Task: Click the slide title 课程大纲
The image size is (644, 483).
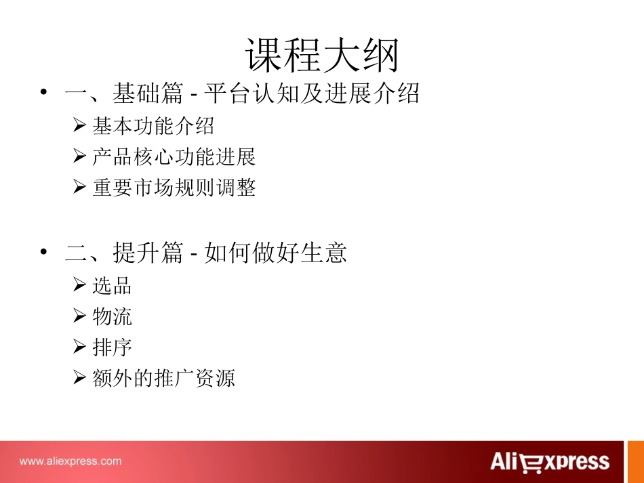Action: (322, 56)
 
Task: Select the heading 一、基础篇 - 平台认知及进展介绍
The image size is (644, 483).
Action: (242, 94)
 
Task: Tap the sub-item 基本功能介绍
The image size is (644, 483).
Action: (153, 126)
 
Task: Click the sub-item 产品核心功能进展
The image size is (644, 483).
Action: (174, 157)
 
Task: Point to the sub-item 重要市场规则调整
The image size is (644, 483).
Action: (174, 188)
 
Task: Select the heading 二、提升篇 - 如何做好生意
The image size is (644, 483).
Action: (206, 253)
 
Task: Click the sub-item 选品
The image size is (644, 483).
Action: (112, 286)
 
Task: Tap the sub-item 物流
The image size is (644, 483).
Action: (112, 316)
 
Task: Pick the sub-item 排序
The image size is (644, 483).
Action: (112, 348)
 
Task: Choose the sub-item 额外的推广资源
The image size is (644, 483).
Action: (163, 378)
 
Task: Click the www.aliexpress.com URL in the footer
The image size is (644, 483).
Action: (71, 461)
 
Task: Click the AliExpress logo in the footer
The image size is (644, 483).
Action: (550, 462)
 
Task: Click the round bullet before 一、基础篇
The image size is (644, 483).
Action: (43, 93)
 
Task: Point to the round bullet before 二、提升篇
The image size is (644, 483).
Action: (43, 253)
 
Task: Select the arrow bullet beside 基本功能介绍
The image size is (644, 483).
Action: (79, 126)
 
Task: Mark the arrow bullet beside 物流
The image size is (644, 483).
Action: (79, 316)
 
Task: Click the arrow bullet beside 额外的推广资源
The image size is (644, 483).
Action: (79, 378)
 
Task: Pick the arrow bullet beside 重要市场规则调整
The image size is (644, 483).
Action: (79, 188)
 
